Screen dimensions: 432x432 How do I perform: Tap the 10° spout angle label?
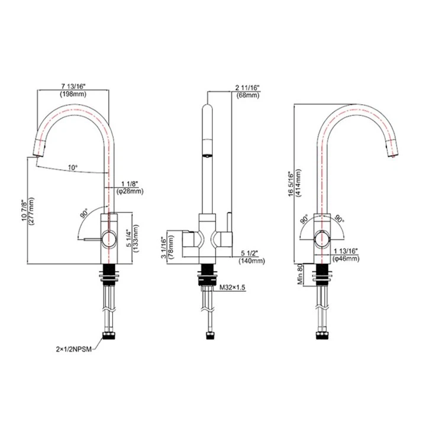[x=72, y=167]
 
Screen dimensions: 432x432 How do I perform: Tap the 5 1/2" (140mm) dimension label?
[x=250, y=256]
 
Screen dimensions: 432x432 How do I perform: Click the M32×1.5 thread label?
[x=233, y=286]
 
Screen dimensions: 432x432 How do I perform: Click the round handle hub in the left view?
[x=107, y=239]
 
